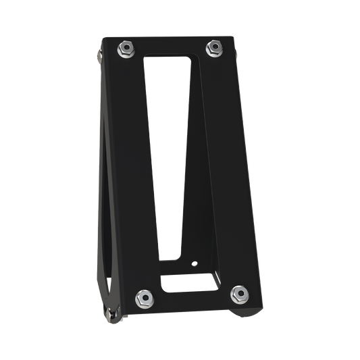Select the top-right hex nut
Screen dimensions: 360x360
(214, 47)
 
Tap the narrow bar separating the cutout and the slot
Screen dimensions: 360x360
(191, 272)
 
